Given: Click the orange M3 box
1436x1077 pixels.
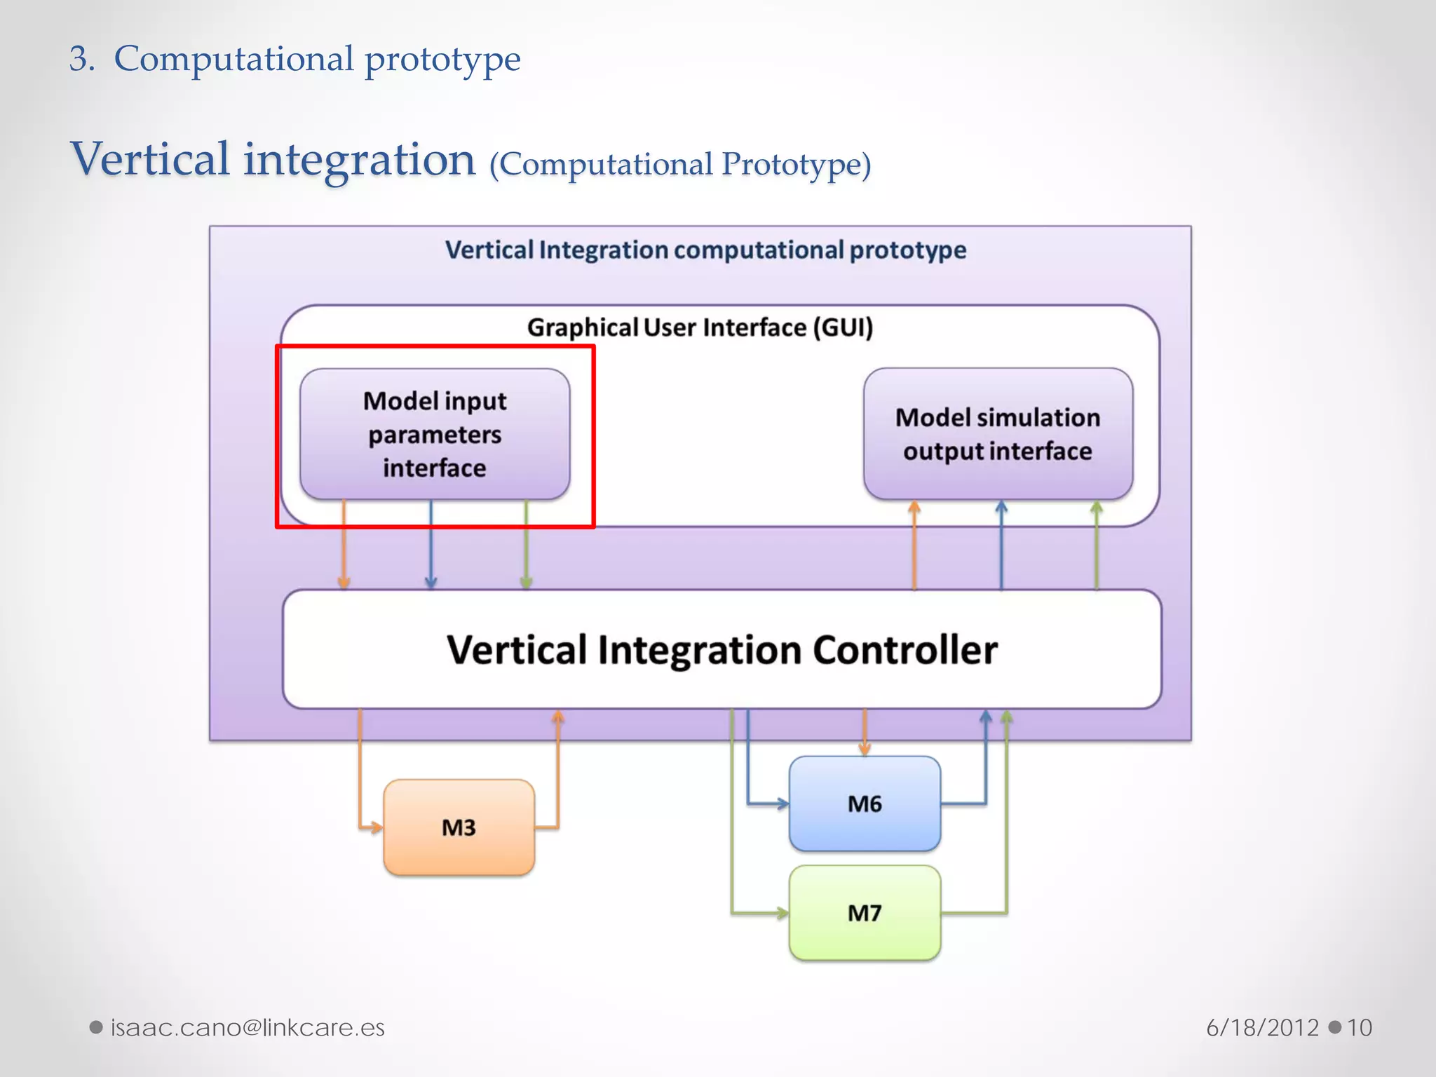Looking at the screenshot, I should tap(459, 827).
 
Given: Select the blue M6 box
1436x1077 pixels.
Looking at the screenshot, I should tap(864, 804).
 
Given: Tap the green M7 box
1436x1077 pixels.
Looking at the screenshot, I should tap(864, 913).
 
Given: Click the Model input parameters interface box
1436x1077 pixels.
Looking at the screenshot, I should tap(435, 434).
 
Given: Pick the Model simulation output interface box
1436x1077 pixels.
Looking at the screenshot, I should tap(997, 434).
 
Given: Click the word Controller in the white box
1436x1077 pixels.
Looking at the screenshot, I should tap(905, 650).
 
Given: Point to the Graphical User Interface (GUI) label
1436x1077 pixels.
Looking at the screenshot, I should tap(700, 327).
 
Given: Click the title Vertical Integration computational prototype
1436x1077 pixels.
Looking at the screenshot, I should tap(705, 250).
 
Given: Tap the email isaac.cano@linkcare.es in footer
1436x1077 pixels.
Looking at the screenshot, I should tap(248, 1027).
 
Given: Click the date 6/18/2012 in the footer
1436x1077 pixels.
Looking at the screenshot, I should tap(1262, 1027).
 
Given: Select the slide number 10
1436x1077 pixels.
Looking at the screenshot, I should tap(1359, 1027).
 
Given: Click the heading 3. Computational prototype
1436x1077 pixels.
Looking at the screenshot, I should tap(294, 59).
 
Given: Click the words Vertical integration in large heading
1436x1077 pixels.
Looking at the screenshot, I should tap(273, 159).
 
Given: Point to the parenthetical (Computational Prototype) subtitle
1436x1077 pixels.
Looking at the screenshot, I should tap(680, 165).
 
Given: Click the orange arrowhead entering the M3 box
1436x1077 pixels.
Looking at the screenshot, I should tap(376, 827).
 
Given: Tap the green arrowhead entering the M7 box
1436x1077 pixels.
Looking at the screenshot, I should tap(782, 913).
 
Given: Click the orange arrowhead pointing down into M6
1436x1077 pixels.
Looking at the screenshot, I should tap(864, 749).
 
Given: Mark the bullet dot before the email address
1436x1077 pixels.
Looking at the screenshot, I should tap(97, 1027).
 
